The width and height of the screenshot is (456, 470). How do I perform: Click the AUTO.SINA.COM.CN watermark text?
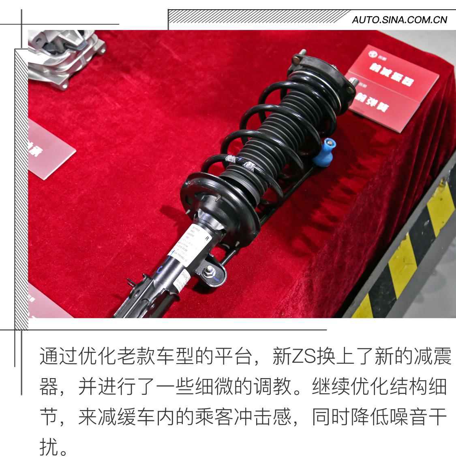point(399,19)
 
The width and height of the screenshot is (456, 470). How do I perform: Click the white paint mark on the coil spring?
point(248,164)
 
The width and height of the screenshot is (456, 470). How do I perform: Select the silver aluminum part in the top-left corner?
point(65,57)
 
